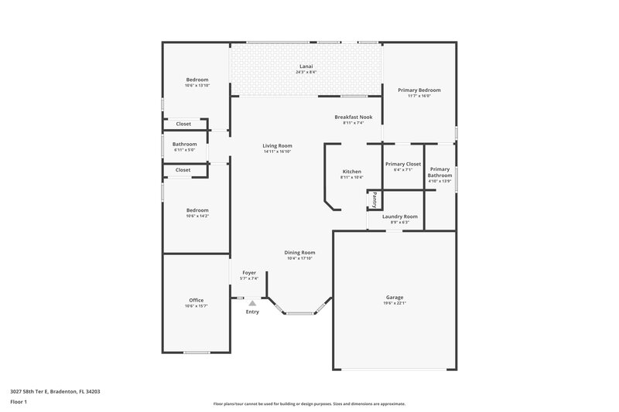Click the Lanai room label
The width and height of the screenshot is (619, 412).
(306, 66)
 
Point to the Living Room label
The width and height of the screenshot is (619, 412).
(277, 145)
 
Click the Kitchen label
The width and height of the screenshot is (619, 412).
(352, 171)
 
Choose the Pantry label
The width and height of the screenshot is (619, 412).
(374, 200)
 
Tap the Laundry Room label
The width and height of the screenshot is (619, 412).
(400, 216)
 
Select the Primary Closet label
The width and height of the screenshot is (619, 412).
(402, 164)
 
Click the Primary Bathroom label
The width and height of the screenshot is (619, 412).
(439, 172)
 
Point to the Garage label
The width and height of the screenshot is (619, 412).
(395, 298)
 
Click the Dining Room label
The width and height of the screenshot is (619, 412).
(299, 252)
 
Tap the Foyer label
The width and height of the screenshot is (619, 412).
(249, 272)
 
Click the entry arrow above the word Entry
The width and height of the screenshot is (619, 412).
(252, 304)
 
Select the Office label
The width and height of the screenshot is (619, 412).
(197, 300)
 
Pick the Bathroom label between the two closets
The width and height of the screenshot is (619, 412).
(184, 144)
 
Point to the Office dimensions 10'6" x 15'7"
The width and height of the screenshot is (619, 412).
(197, 306)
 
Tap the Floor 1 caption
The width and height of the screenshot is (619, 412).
(19, 403)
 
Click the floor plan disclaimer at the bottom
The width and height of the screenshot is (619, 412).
(309, 403)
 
